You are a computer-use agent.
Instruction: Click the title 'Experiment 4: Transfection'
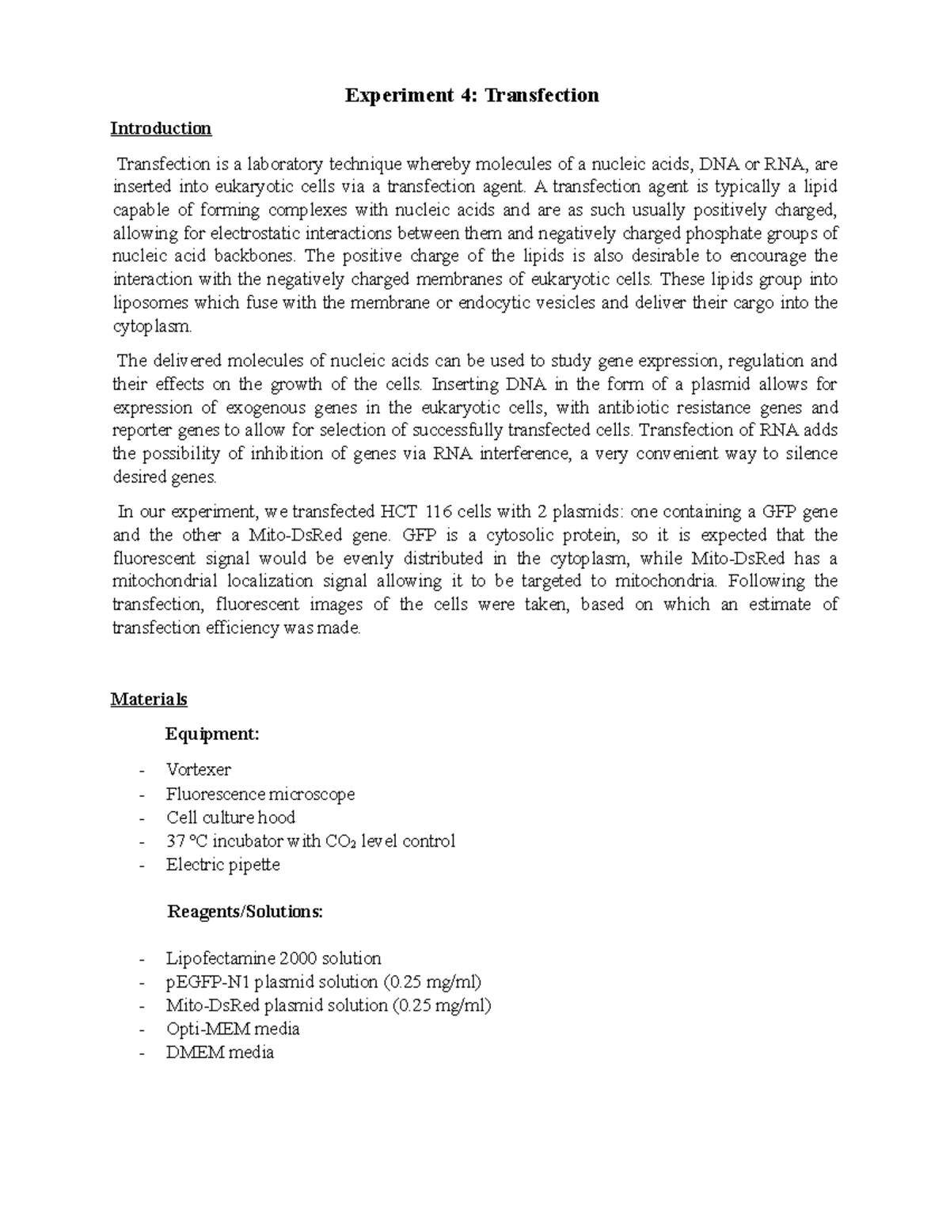pyautogui.click(x=472, y=96)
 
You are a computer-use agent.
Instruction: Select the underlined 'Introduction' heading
pyautogui.click(x=161, y=128)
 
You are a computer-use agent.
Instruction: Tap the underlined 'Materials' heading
pyautogui.click(x=149, y=700)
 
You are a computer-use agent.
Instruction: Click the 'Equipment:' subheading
pyautogui.click(x=212, y=734)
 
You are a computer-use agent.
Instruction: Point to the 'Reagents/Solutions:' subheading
pyautogui.click(x=245, y=912)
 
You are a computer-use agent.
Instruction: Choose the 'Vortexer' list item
pyautogui.click(x=198, y=769)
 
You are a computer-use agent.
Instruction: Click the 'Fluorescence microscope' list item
pyautogui.click(x=260, y=794)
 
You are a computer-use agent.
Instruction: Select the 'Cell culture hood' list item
pyautogui.click(x=230, y=817)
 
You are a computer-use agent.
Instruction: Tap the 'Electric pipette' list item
pyautogui.click(x=222, y=864)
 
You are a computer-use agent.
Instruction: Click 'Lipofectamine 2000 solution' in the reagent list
pyautogui.click(x=273, y=958)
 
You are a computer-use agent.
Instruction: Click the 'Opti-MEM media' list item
pyautogui.click(x=233, y=1029)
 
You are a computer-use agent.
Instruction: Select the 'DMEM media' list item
pyautogui.click(x=219, y=1053)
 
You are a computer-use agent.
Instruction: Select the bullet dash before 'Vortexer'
pyautogui.click(x=142, y=770)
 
